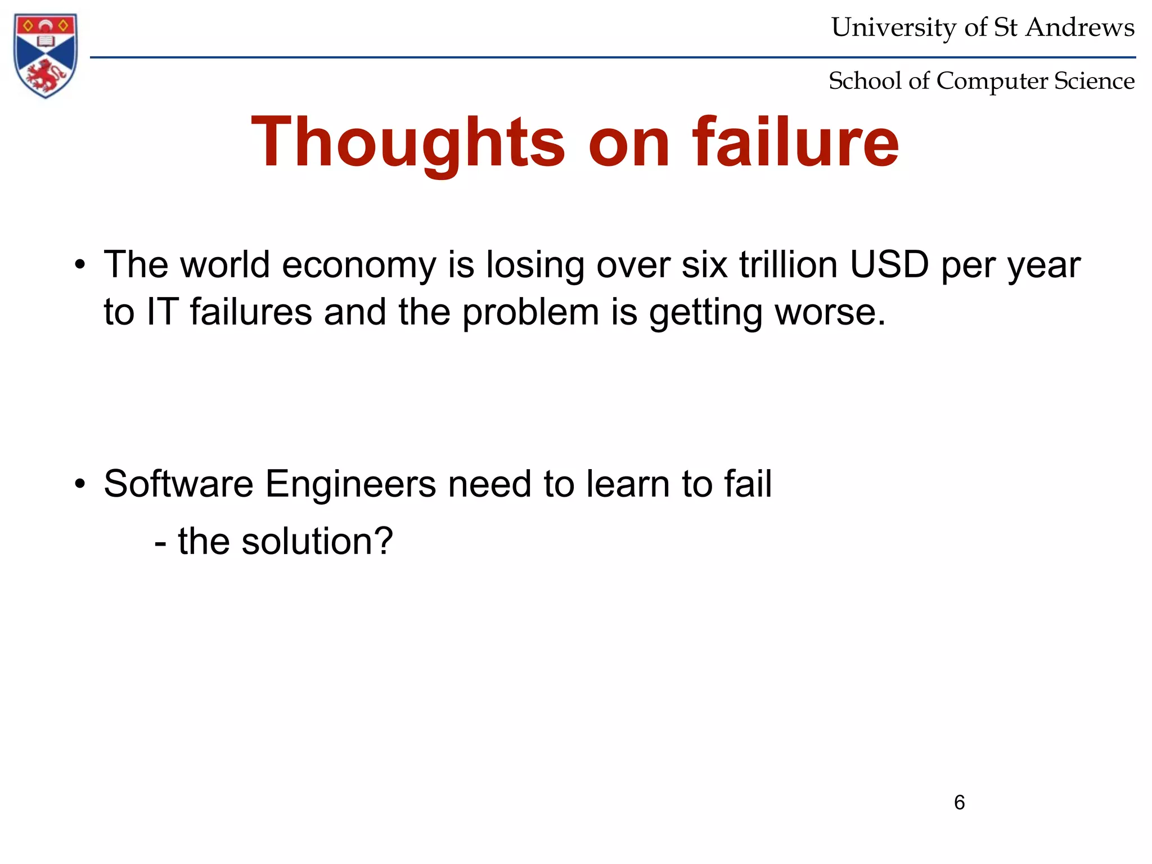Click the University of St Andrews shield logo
46,55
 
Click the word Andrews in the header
1080,28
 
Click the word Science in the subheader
1094,81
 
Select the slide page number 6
959,802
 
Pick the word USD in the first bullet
889,264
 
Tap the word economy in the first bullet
359,265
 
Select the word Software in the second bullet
178,484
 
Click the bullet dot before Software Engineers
80,484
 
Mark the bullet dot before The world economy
80,265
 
